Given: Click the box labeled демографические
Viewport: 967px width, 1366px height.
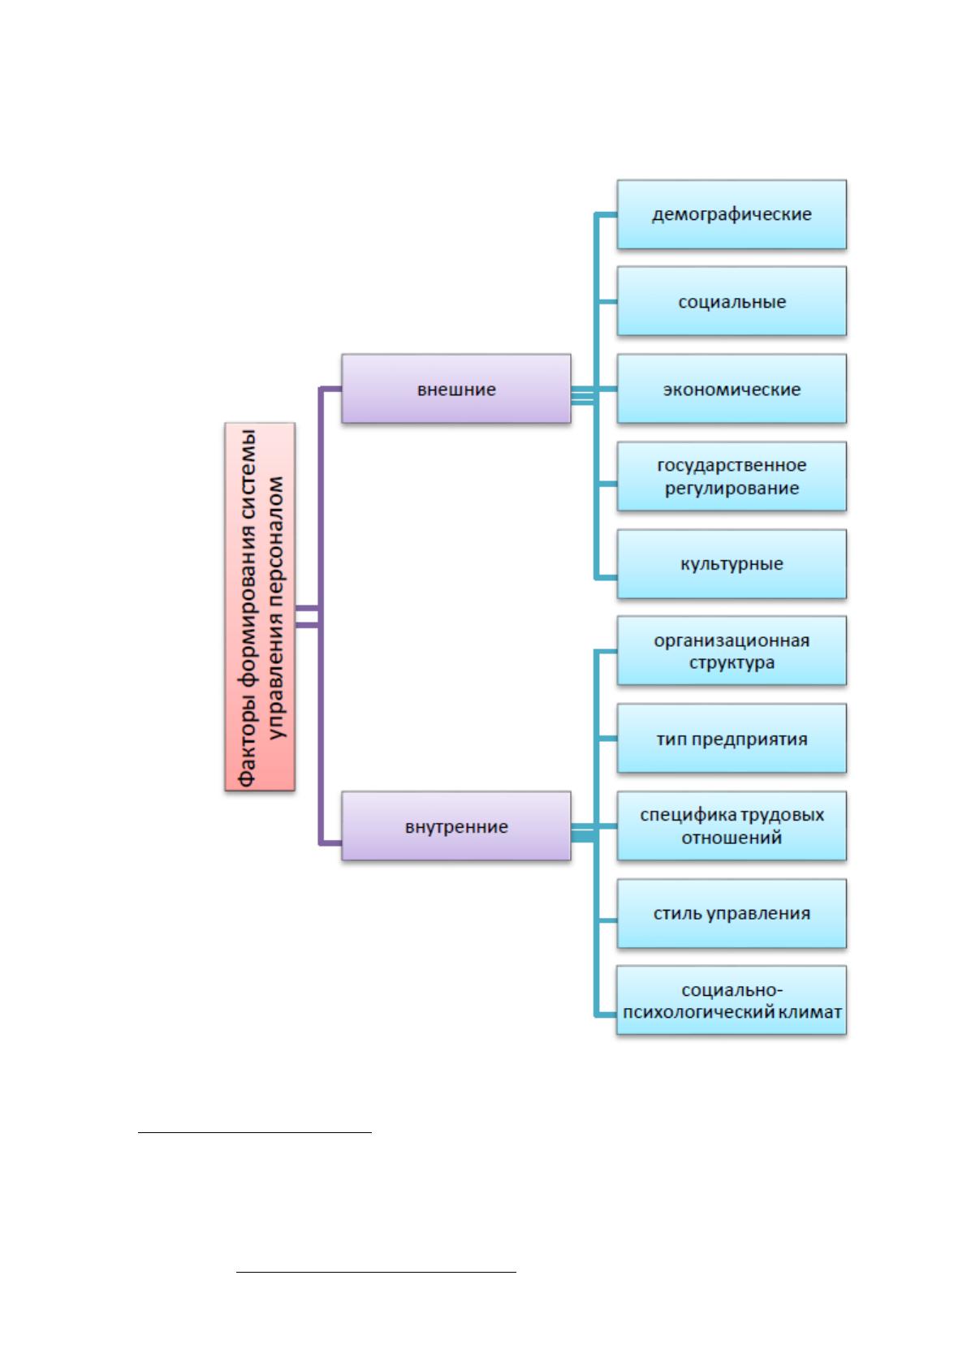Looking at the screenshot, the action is tap(732, 214).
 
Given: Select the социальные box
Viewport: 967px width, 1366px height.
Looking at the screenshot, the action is tap(732, 301).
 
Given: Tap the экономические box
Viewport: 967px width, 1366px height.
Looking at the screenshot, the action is tap(732, 389).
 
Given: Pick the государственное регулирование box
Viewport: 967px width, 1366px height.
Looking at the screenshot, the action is tap(732, 476).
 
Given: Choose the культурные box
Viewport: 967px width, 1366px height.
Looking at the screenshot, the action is tap(732, 563).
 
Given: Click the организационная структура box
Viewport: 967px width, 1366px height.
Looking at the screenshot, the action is tap(732, 651).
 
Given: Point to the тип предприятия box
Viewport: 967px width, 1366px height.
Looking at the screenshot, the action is tap(732, 739).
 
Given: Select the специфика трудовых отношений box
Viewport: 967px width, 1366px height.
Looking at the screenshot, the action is tap(732, 825).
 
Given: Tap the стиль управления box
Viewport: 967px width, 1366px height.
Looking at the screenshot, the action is tap(732, 913).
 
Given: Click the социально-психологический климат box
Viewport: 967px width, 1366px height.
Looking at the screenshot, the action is tap(732, 1000).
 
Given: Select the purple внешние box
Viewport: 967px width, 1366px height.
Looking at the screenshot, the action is tap(456, 389).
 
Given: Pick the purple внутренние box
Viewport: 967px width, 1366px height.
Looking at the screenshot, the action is tap(456, 825).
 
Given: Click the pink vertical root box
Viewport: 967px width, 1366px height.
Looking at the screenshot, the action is tap(260, 607).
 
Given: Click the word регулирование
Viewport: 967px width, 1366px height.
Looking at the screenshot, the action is tap(732, 489).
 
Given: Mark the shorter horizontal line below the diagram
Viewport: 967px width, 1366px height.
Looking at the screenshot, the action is tap(254, 1132).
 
